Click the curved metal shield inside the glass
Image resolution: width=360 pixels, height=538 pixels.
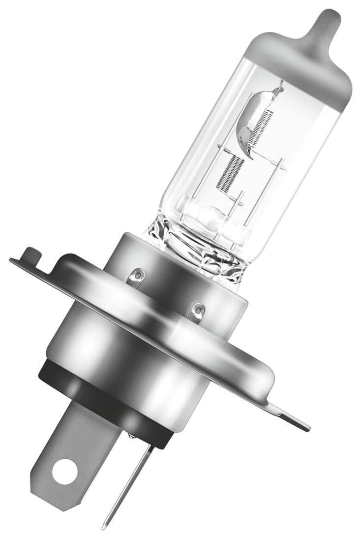(x=251, y=123)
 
